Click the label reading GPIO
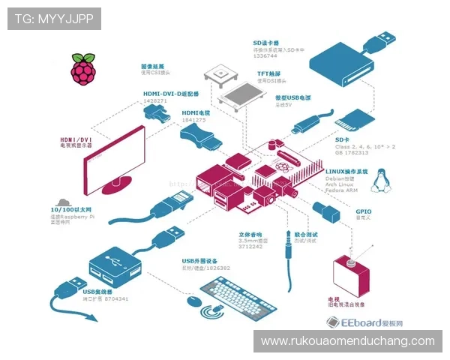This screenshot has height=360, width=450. (x=364, y=211)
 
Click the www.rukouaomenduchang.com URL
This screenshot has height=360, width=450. (x=347, y=341)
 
